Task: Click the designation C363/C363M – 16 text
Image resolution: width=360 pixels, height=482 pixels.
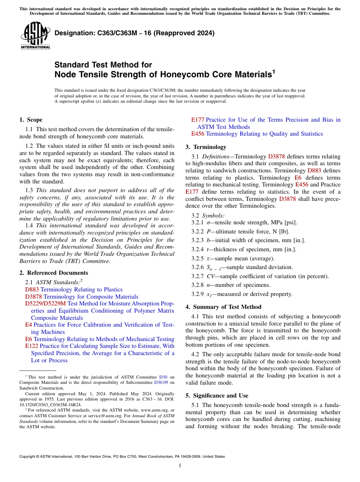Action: point(135,33)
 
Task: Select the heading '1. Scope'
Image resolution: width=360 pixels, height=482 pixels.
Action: point(31,120)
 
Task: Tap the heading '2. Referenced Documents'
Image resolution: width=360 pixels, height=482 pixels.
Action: point(53,273)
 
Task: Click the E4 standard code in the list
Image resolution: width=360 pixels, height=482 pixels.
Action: point(28,325)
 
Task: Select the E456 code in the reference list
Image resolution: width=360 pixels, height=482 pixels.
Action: point(198,134)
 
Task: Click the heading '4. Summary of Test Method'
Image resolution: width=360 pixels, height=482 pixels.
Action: point(223,307)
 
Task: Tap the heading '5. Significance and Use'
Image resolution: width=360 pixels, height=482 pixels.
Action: point(217,396)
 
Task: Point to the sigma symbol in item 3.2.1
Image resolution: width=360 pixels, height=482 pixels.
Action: point(203,222)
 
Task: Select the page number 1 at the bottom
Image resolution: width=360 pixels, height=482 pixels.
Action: point(180,466)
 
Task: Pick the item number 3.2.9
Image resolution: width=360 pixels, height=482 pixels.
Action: point(197,294)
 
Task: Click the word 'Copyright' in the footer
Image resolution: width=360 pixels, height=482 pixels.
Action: point(28,457)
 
